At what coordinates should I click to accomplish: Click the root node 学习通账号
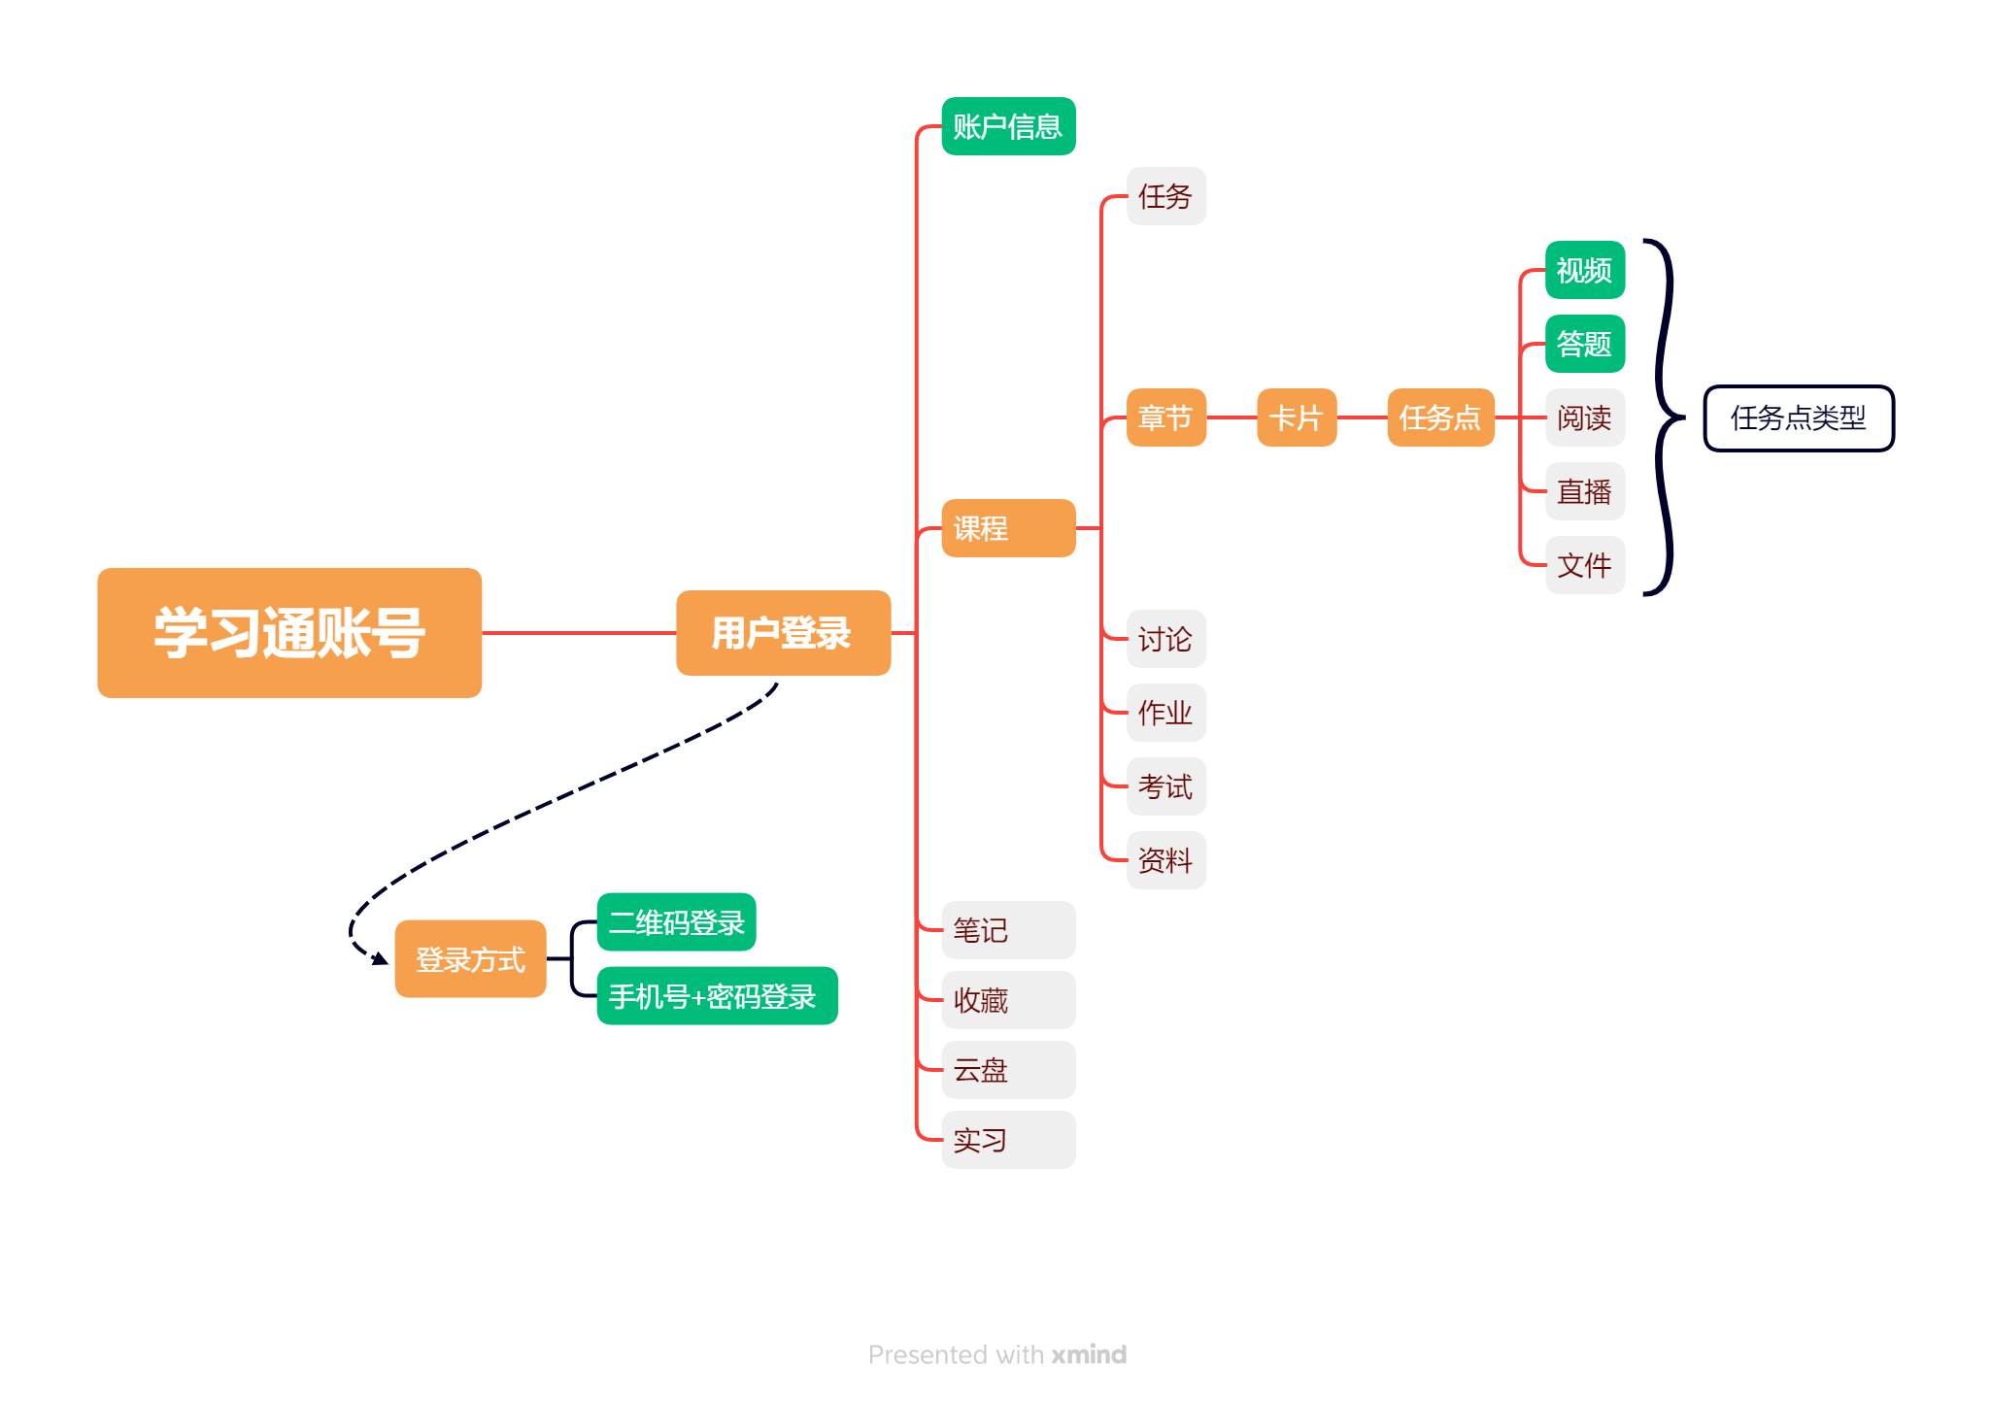(x=289, y=633)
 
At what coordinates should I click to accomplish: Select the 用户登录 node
(x=783, y=633)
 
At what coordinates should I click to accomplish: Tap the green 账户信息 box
(x=1008, y=126)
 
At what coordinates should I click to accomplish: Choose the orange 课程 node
(x=1008, y=528)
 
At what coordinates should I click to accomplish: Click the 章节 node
(x=1165, y=417)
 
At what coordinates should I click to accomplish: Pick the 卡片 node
(x=1297, y=417)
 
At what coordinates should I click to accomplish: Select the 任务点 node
(x=1440, y=417)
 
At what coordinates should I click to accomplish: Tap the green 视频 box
(x=1585, y=270)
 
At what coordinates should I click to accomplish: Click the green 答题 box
(x=1585, y=344)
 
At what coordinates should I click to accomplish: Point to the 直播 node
(x=1585, y=491)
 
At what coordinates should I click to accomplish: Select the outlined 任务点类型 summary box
(x=1799, y=418)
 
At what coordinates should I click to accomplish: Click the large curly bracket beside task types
(x=1667, y=417)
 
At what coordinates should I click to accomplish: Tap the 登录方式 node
(x=470, y=959)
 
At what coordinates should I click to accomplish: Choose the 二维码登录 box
(x=676, y=922)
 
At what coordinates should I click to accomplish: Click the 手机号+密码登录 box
(x=717, y=996)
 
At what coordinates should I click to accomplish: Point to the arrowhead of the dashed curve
(x=380, y=959)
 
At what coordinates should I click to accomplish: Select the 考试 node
(x=1165, y=786)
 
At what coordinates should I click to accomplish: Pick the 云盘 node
(x=1008, y=1070)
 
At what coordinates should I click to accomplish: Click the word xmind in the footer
(x=1089, y=1354)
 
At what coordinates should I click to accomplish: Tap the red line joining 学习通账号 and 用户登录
(x=579, y=633)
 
